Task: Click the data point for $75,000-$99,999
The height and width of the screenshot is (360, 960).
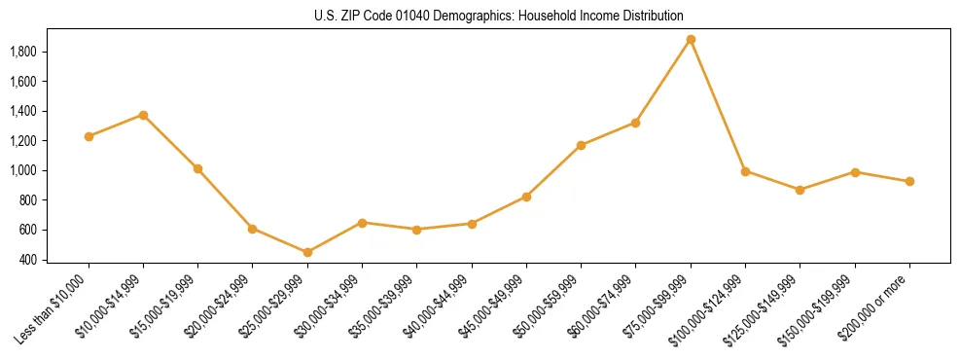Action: (x=691, y=40)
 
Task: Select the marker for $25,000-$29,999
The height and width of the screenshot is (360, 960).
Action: (x=307, y=252)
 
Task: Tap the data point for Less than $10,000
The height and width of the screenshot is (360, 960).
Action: (x=89, y=136)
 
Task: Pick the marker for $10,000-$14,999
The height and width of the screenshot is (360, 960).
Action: (x=143, y=115)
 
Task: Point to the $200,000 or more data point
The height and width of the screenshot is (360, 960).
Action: (x=909, y=181)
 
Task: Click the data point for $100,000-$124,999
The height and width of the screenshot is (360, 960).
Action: (x=745, y=171)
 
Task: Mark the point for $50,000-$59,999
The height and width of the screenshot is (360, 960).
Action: (x=581, y=145)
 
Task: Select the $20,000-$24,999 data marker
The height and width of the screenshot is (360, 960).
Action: (x=253, y=229)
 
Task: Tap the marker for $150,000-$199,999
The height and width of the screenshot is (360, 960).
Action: (x=855, y=172)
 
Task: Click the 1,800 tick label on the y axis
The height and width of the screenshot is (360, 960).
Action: (x=23, y=52)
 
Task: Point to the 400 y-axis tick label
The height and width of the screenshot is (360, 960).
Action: (x=28, y=260)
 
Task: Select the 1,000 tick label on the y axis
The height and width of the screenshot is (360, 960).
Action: (x=23, y=170)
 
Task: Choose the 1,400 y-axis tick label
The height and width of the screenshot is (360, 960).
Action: (x=23, y=111)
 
